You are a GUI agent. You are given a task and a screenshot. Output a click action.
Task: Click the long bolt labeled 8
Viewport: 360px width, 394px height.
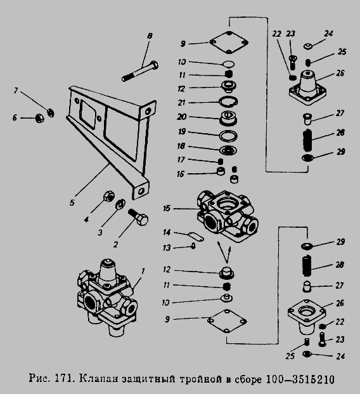140,71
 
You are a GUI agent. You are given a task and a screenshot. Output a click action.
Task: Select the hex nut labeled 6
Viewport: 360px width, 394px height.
39,118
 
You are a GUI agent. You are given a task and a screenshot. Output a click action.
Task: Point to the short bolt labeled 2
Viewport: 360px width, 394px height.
139,218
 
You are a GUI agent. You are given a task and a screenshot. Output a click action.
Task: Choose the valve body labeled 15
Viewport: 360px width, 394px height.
227,216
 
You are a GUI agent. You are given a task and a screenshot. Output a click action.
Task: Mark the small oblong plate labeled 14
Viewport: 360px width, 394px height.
196,237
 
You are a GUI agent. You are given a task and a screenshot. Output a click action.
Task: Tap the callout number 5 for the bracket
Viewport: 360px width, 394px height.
72,202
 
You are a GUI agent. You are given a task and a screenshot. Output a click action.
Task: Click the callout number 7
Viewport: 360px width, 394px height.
16,91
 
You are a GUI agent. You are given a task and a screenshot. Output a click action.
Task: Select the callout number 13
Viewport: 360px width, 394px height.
167,248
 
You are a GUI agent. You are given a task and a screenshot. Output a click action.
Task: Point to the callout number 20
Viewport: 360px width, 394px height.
182,117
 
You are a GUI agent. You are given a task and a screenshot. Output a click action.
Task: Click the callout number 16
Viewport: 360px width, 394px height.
181,174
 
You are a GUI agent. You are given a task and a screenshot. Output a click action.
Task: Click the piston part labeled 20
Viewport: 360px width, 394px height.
228,118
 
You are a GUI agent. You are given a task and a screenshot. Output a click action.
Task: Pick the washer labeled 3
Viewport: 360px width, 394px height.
120,204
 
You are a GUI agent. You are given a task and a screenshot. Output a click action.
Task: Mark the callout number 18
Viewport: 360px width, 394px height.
181,146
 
